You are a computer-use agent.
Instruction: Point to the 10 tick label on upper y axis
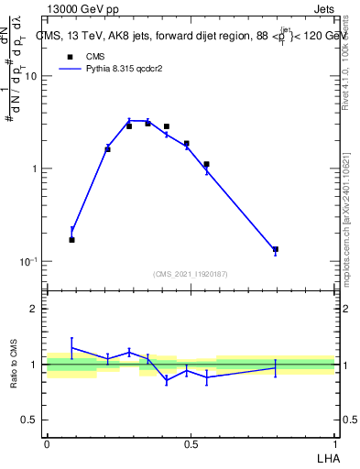coord(29,76)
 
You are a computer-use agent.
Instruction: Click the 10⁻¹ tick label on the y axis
coord(27,261)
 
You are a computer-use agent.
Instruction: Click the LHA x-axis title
coord(326,456)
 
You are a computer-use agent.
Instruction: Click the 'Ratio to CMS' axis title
coord(14,364)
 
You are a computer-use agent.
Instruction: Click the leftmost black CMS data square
coord(72,239)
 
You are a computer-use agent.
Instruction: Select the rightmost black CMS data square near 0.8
coord(275,249)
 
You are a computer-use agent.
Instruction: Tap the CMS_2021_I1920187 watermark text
coord(191,274)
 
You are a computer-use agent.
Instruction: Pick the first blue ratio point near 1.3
coord(72,348)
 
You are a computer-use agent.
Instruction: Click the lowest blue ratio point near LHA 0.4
coord(167,380)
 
